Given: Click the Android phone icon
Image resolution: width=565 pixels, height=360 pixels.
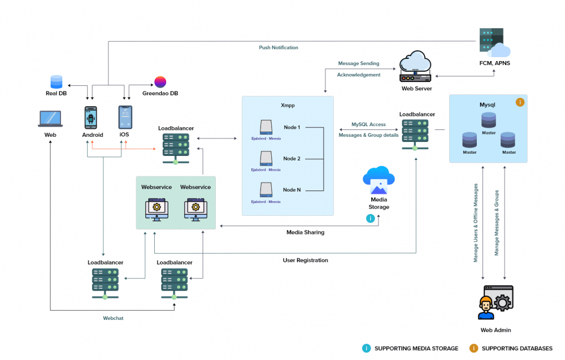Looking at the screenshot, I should pyautogui.click(x=91, y=118).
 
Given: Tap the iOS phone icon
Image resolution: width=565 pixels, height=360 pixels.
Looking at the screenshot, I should pyautogui.click(x=125, y=118).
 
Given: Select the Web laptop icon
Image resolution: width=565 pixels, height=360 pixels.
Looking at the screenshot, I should pyautogui.click(x=50, y=119).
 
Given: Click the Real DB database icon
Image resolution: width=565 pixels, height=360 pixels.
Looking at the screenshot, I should pyautogui.click(x=56, y=82).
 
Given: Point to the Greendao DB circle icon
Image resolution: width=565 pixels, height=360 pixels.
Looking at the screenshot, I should pyautogui.click(x=160, y=82).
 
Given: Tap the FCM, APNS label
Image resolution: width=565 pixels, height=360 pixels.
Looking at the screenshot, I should pyautogui.click(x=494, y=63).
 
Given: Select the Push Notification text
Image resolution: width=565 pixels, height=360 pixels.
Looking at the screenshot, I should pyautogui.click(x=279, y=47).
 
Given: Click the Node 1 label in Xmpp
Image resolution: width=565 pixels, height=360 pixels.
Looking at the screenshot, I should pyautogui.click(x=292, y=128).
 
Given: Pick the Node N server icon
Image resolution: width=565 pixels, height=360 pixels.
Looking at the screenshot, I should pyautogui.click(x=266, y=190).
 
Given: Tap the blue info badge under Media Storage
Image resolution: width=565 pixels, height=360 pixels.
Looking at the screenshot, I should pyautogui.click(x=371, y=218).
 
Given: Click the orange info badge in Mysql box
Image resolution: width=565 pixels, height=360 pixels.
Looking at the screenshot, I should pyautogui.click(x=520, y=102).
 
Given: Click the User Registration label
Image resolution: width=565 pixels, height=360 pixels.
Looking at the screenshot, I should pyautogui.click(x=305, y=261).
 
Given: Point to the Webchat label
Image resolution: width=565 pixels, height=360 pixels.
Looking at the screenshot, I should pyautogui.click(x=113, y=318).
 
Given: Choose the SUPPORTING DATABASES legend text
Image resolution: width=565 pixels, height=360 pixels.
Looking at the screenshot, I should pyautogui.click(x=517, y=349).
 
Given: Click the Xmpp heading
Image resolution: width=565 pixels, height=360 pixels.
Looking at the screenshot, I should pyautogui.click(x=288, y=106).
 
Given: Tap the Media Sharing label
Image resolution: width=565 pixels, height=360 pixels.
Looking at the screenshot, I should pyautogui.click(x=305, y=232).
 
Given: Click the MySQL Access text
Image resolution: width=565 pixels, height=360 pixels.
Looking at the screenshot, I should pyautogui.click(x=368, y=124).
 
